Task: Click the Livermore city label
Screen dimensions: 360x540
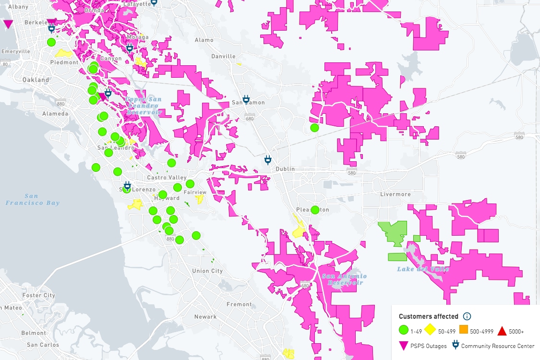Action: [396, 194]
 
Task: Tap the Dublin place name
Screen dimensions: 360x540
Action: [285, 169]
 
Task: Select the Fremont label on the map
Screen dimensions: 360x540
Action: [239, 304]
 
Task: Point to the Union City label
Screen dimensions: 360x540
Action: [207, 271]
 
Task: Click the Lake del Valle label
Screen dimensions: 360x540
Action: [423, 269]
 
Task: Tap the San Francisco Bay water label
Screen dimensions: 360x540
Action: [33, 199]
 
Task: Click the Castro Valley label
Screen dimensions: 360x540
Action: [166, 178]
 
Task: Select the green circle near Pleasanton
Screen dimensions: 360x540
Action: [315, 210]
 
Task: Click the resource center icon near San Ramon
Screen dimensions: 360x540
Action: [246, 99]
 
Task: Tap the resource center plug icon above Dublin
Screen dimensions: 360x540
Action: [268, 160]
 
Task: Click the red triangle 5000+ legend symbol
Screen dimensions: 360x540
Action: [502, 331]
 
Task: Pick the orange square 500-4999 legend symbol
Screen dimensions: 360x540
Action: [464, 330]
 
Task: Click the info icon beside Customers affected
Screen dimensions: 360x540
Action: [467, 316]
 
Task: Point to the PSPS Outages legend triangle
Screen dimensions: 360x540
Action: [404, 346]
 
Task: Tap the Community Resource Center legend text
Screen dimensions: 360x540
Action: [497, 346]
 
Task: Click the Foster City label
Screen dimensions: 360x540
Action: [39, 295]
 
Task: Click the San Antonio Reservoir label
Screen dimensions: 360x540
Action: [345, 279]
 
